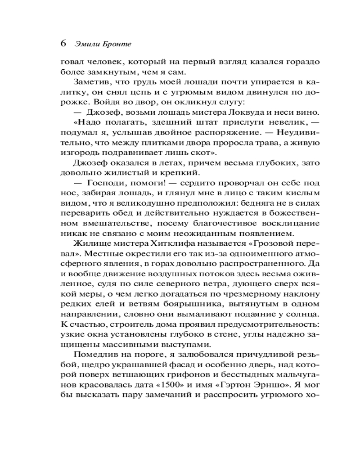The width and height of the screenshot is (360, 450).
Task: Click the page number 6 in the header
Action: click(x=63, y=44)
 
